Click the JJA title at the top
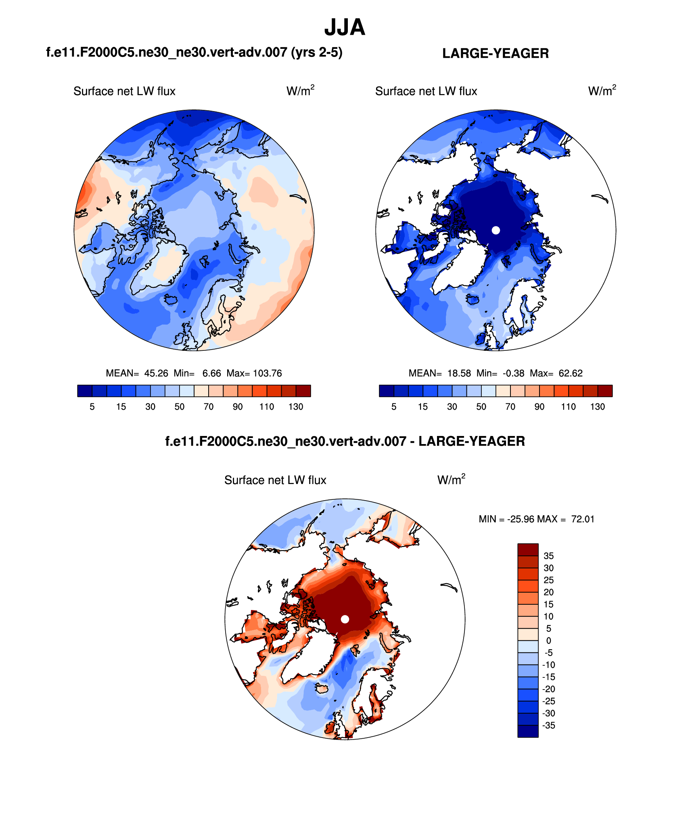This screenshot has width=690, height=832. pos(345,27)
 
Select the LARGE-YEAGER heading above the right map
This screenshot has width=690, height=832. pos(495,53)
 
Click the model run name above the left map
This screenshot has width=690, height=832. pos(194,52)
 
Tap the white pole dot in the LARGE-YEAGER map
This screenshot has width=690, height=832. pos(496,230)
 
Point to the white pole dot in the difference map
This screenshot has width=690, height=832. pos(345,619)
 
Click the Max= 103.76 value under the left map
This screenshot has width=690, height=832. pos(254,373)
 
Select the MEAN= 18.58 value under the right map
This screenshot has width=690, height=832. pos(439,373)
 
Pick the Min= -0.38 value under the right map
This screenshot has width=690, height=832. pos(500,373)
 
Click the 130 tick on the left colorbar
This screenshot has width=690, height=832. pos(296,407)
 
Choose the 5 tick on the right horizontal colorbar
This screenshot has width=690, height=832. pos(394,407)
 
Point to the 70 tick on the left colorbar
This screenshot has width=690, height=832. pos(208,407)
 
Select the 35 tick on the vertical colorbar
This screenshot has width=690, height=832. pos(548,556)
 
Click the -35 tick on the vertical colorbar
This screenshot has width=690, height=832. pos(548,725)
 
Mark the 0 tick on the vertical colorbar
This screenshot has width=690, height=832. pos(548,640)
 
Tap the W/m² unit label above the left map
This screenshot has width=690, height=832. pos(300,90)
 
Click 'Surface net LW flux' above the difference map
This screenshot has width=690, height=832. pos(275,480)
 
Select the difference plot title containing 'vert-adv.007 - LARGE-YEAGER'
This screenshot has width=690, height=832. pos(345,441)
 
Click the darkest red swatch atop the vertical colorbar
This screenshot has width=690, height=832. pos(528,549)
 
